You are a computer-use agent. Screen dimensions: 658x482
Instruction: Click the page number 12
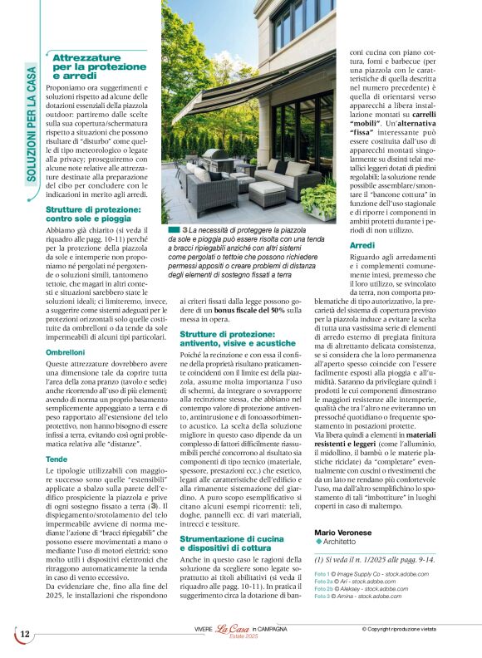25,635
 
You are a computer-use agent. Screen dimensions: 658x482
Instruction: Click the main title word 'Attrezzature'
86,57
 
